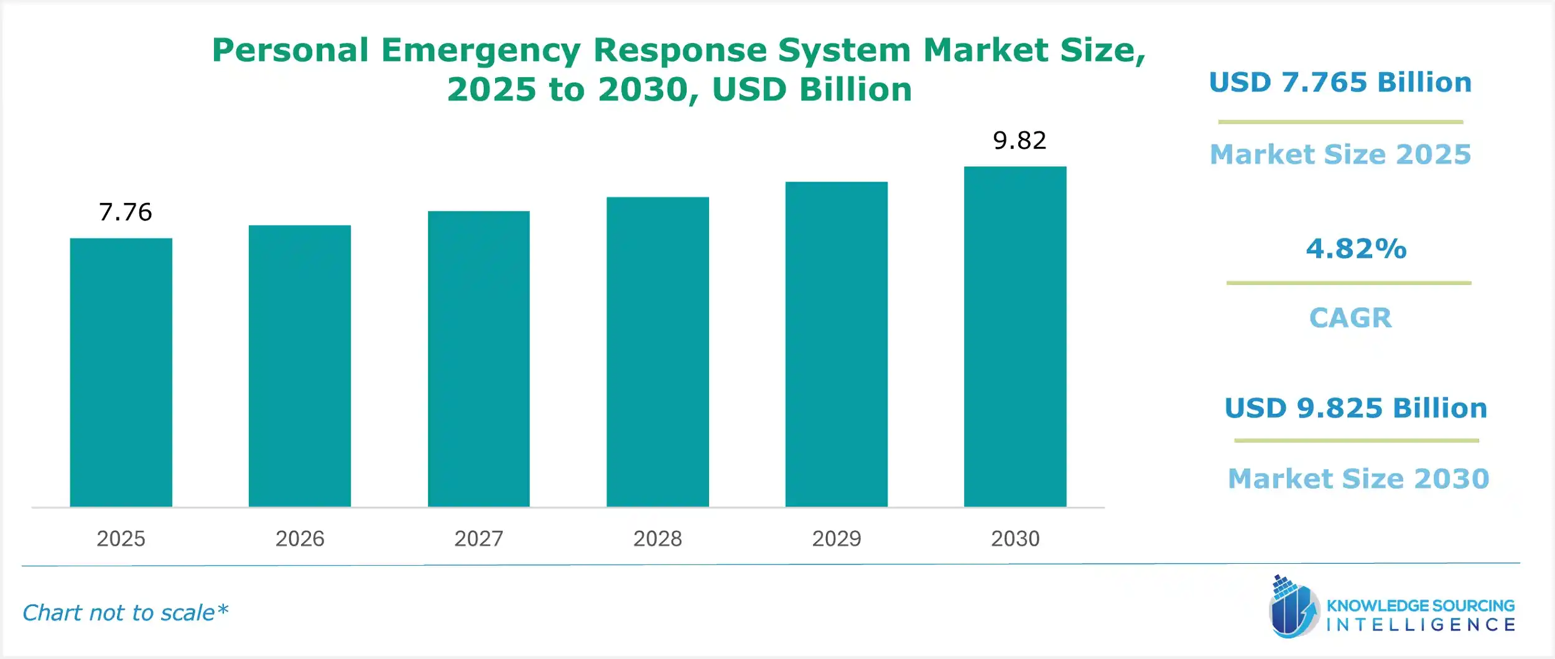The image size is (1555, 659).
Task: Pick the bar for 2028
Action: (657, 352)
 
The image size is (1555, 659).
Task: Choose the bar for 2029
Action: (836, 344)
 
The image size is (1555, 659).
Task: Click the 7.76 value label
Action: (125, 212)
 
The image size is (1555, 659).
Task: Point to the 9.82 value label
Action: (1019, 141)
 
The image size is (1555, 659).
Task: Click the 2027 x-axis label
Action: (478, 538)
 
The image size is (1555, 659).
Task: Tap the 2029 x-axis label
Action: (836, 538)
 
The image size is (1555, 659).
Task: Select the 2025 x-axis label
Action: (121, 538)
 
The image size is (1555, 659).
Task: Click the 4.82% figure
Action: (1356, 249)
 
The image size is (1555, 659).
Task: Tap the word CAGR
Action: (1350, 318)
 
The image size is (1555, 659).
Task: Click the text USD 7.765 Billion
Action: (1340, 82)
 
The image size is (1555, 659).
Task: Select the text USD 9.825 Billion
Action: (1355, 408)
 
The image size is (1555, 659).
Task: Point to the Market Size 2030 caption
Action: (1358, 479)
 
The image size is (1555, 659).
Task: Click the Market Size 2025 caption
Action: (1340, 154)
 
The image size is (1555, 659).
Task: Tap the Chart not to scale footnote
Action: (125, 613)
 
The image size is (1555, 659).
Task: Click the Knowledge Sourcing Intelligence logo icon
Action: (1294, 607)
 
